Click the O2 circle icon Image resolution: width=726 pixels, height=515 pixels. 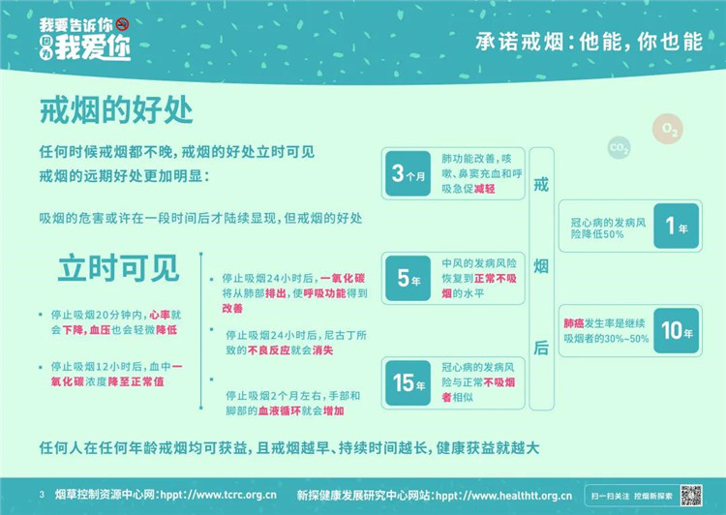pos(668,129)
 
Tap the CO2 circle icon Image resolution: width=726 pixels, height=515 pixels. pos(619,148)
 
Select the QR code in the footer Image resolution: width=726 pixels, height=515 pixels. pos(691,495)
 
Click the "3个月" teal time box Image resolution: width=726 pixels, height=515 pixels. pos(408,173)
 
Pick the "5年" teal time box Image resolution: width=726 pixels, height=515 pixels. pos(408,278)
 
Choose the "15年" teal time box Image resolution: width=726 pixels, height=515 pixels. pos(408,382)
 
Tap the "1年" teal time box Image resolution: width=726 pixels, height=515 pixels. pos(676,226)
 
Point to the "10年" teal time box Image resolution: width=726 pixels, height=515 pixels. pos(676,330)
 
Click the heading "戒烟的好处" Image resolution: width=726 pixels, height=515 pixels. pos(116,110)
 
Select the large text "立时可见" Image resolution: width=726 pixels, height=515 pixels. pos(118,268)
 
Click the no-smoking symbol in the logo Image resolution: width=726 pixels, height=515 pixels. pos(122,24)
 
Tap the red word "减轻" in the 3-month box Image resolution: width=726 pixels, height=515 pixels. pos(484,189)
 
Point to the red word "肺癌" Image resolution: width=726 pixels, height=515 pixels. pos(574,323)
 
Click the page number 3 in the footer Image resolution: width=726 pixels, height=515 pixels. pos(42,495)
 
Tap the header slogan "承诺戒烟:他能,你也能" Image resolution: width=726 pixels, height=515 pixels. pos(589,43)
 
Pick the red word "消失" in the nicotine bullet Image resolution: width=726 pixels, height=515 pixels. pos(322,350)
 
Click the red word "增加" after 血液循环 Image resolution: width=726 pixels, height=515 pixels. pos(333,410)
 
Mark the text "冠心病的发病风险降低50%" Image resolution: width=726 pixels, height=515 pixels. pos(608,228)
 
